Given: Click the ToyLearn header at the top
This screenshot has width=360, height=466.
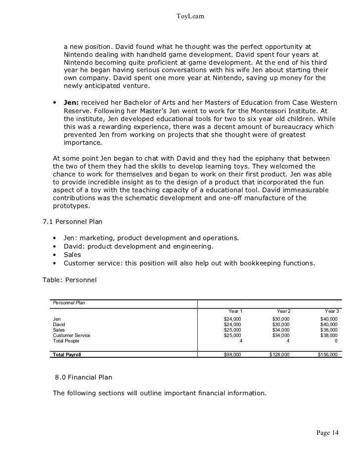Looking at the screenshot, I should [190, 17].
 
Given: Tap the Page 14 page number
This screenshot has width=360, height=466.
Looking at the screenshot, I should [327, 433].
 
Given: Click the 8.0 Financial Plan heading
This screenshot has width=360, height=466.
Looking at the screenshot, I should [84, 377].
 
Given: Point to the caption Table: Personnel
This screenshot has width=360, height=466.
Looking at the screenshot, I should [70, 280].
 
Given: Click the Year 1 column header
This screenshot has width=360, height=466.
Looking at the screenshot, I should [235, 311].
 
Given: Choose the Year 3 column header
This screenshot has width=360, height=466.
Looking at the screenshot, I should [331, 311].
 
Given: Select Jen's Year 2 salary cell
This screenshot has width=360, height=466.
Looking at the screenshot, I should [281, 319].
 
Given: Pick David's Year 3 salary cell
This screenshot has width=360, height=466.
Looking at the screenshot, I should [329, 325].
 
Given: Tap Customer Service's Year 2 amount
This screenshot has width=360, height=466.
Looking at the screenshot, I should [281, 336].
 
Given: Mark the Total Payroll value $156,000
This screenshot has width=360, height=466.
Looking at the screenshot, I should [328, 355].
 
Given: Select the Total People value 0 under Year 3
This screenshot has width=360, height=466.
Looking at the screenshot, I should [336, 341].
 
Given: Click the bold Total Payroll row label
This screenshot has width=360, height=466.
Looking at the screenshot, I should [67, 355].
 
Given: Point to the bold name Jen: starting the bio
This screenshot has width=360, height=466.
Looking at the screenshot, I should [72, 102].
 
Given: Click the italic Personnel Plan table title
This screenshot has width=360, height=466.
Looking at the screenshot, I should [69, 302].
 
